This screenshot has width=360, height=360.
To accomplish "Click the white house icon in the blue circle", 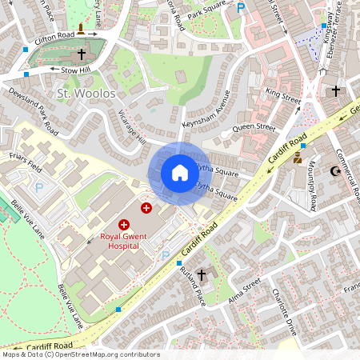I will [x=180, y=173].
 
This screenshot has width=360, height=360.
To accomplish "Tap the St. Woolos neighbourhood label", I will [x=86, y=94].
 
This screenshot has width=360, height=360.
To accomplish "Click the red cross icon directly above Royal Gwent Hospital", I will [x=124, y=226].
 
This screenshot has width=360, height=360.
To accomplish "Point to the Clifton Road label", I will [x=54, y=36].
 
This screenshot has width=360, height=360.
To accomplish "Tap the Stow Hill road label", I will [x=77, y=70].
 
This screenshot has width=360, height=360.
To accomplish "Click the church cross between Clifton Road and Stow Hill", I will [x=81, y=54].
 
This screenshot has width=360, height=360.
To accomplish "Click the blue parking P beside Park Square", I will [x=241, y=8].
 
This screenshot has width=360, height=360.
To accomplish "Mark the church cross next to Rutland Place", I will [x=202, y=275].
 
